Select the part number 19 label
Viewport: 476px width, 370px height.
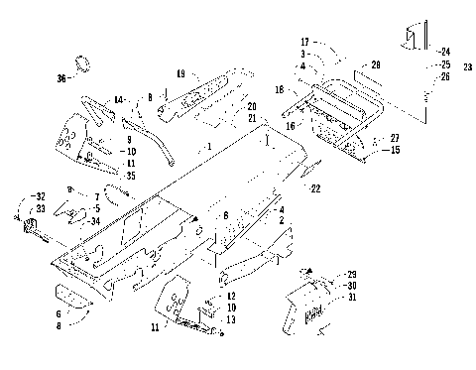pos(180,73)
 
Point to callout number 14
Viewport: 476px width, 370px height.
pos(118,101)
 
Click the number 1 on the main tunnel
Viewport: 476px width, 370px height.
pos(208,146)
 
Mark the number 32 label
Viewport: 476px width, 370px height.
pos(40,197)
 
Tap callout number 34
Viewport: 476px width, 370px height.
pos(94,223)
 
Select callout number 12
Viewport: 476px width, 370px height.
pos(230,297)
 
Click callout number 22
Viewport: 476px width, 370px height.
pos(315,188)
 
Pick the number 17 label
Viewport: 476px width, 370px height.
pos(306,43)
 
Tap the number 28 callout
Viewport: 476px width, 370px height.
pos(376,64)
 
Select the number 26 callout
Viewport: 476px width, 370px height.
pos(445,76)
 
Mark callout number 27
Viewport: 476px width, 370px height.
pos(395,138)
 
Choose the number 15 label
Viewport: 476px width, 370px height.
pos(395,150)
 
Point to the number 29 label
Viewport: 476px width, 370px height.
pos(351,273)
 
